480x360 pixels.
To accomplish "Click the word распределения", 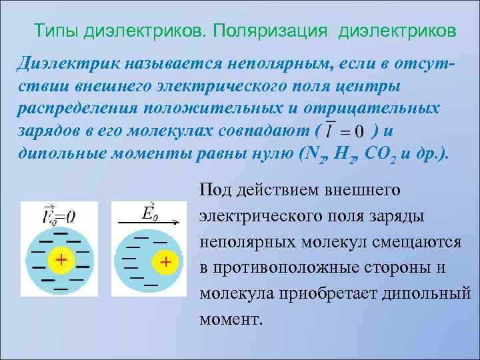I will (71, 109).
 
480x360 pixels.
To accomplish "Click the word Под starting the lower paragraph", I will (213, 191).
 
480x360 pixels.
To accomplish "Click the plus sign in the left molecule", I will (60, 259).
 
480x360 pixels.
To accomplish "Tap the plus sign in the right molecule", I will (165, 261).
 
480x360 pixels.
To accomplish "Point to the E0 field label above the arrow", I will (151, 212).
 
